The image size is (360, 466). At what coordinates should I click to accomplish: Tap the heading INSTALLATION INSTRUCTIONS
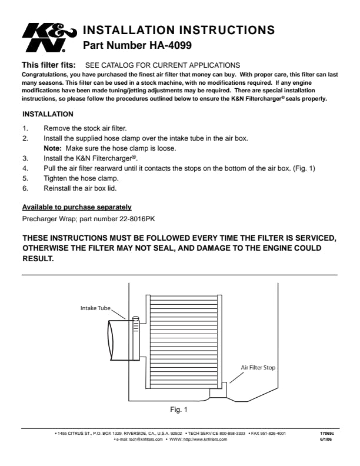pyautogui.click(x=179, y=29)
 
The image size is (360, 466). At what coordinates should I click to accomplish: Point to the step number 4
pyautogui.click(x=25, y=168)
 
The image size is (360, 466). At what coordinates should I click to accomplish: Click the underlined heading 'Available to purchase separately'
pyautogui.click(x=76, y=207)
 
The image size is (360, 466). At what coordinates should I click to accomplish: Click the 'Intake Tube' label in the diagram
pyautogui.click(x=95, y=308)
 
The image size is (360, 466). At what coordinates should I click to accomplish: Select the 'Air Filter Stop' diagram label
pyautogui.click(x=258, y=367)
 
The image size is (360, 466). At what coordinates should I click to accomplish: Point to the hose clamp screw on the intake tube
pyautogui.click(x=136, y=320)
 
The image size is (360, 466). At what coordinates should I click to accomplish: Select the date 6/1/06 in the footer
pyautogui.click(x=325, y=440)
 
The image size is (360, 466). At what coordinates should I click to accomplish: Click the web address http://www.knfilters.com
pyautogui.click(x=205, y=440)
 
